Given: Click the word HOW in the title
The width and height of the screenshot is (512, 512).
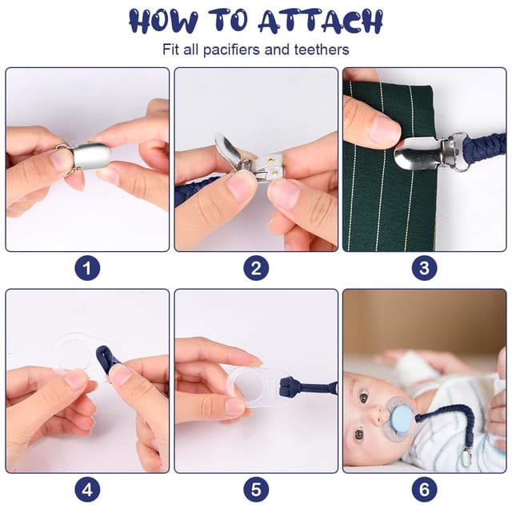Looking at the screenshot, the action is [x=163, y=21].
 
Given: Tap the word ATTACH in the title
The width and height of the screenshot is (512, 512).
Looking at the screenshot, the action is [x=321, y=21].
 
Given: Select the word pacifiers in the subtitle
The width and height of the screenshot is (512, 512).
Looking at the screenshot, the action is [x=232, y=50].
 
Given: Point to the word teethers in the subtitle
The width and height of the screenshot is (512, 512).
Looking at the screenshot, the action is [x=322, y=50].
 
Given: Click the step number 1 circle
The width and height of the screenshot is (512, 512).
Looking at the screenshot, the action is [x=87, y=268].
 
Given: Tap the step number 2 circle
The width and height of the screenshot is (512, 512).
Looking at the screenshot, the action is [x=256, y=268].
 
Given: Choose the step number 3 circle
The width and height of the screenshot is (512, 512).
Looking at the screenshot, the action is [x=424, y=268].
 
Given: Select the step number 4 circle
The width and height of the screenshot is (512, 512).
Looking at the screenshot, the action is [x=87, y=490].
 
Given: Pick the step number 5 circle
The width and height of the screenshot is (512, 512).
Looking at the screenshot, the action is [x=256, y=490].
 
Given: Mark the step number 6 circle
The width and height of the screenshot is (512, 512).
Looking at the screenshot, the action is [x=424, y=490].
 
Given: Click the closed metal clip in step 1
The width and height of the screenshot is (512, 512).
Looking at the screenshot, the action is [x=88, y=158].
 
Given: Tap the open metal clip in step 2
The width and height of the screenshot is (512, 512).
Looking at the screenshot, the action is [x=248, y=160].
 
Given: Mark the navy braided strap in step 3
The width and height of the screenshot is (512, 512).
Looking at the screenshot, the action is [x=485, y=151].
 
